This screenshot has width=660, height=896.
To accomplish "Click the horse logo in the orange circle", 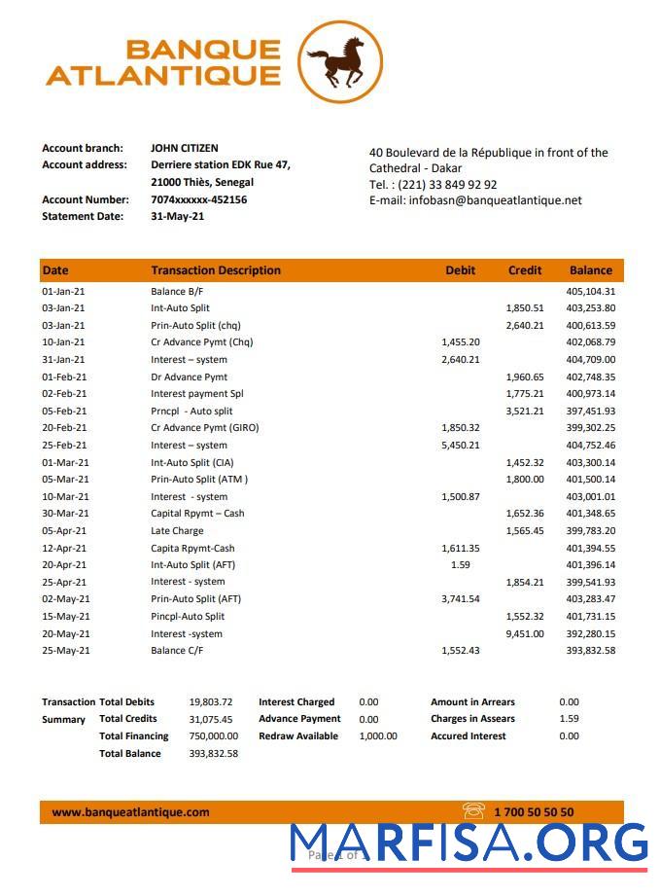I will tap(339, 61).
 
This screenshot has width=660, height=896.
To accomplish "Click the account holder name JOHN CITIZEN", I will tap(184, 149).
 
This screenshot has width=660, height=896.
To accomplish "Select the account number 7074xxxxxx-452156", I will tap(198, 199).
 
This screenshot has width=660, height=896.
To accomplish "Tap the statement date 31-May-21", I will tap(178, 216).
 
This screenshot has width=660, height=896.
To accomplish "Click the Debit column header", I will tap(460, 270).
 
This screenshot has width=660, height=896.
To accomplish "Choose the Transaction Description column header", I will tap(215, 270).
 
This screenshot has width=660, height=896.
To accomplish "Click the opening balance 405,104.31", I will tap(590, 291).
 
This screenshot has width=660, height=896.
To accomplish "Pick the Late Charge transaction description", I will tap(177, 530).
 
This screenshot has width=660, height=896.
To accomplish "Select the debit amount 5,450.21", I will tap(460, 445).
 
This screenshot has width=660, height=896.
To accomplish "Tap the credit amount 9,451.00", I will tap(525, 633).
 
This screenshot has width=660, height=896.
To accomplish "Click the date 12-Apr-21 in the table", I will tap(64, 548).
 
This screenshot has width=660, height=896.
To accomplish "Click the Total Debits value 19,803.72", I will tap(211, 701).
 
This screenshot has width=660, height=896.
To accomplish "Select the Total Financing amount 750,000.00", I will tap(213, 736).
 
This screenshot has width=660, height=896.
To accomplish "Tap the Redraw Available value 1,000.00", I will tap(377, 736).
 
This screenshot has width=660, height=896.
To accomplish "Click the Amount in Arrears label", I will tap(472, 701).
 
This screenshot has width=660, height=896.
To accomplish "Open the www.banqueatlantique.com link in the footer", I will tap(130, 812).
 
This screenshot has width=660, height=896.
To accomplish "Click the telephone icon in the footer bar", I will tap(473, 811).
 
